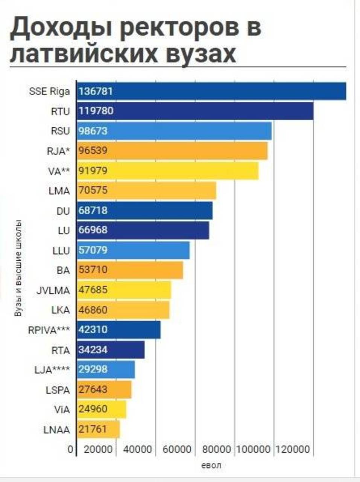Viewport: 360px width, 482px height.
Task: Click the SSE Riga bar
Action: pos(211,91)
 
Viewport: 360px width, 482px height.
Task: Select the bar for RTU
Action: pos(195,111)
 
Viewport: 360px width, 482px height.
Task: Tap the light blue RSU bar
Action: pos(174,131)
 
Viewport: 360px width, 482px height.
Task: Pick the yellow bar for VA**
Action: pos(168,171)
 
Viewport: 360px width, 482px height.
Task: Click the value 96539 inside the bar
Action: pos(93,151)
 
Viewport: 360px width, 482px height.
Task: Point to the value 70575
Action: pos(93,190)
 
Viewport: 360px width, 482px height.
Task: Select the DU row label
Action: pos(63,211)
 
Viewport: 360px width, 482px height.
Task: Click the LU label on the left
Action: pos(64,231)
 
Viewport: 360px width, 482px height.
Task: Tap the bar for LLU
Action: pos(134,250)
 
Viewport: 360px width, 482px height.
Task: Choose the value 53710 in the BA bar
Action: pos(93,270)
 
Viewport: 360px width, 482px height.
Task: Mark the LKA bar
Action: pos(123,310)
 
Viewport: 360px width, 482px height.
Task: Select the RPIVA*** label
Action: pos(49,330)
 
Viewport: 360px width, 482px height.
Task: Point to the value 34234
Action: pos(93,349)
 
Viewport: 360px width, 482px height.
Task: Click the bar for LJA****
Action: pos(106,369)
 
